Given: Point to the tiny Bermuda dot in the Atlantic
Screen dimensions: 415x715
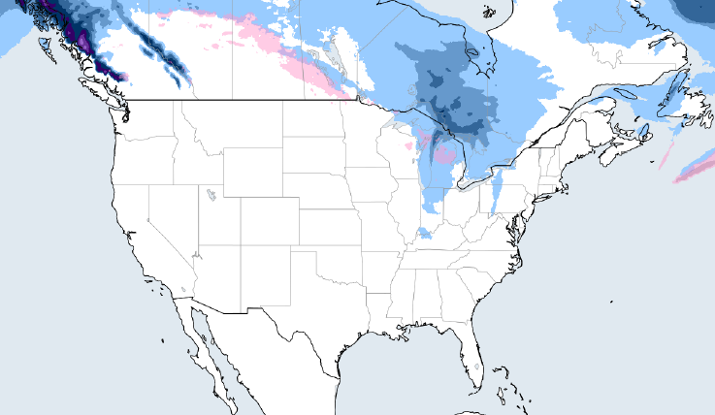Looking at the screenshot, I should (612, 302).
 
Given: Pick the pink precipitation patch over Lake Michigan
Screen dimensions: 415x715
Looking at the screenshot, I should (443, 154).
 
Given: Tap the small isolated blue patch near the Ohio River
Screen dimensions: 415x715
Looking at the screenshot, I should (424, 233).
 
